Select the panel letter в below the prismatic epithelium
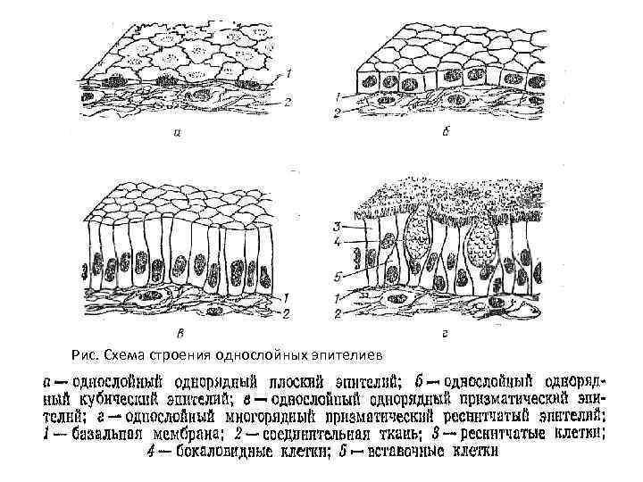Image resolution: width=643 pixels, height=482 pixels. pyautogui.click(x=182, y=335)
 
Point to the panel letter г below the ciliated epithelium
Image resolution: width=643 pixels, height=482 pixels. pyautogui.click(x=444, y=335)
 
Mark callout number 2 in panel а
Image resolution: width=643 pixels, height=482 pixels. pyautogui.click(x=287, y=103)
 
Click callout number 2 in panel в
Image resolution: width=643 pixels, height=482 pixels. pyautogui.click(x=288, y=312)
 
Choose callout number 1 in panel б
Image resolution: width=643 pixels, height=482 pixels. pyautogui.click(x=336, y=96)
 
